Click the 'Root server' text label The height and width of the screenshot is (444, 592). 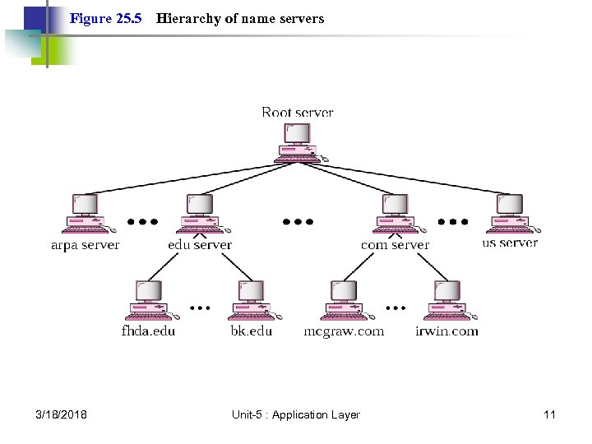click(x=298, y=112)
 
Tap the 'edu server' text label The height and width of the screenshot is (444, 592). click(x=200, y=244)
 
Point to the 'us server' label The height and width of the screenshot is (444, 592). click(x=510, y=243)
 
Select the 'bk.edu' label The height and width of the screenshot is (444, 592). click(x=251, y=331)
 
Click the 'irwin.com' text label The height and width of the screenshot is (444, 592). click(x=446, y=331)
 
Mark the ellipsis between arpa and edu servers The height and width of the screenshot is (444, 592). click(x=143, y=221)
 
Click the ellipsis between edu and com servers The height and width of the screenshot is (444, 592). click(x=298, y=221)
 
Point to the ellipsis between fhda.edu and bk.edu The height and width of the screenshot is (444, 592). click(x=199, y=308)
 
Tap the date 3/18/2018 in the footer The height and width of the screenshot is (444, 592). click(x=62, y=414)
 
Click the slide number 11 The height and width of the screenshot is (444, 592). click(x=549, y=414)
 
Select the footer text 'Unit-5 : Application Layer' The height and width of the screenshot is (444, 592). click(x=295, y=414)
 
